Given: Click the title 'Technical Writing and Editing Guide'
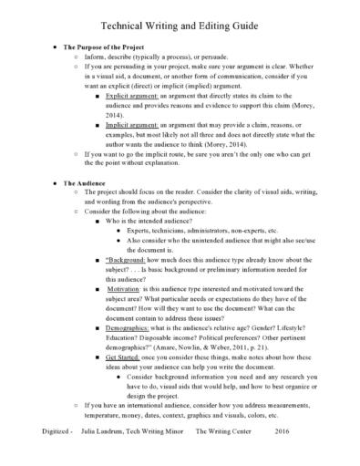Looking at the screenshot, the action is pyautogui.click(x=180, y=20).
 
